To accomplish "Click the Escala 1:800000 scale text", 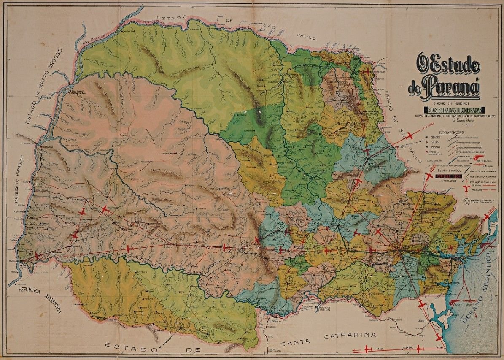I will pos(443,173).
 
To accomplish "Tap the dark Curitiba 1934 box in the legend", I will pos(443,177).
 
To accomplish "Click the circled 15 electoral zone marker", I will pos(30,252).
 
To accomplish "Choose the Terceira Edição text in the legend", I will pos(443,181).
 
